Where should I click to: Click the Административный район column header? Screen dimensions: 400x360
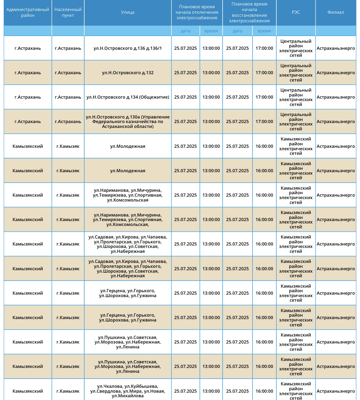click(x=27, y=13)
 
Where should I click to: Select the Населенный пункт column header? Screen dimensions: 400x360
click(x=68, y=13)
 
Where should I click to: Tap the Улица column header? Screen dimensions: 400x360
click(x=128, y=13)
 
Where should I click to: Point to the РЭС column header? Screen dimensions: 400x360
click(x=296, y=13)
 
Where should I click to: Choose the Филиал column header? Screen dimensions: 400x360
click(x=336, y=13)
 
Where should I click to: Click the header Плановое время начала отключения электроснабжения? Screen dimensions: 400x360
click(x=197, y=12)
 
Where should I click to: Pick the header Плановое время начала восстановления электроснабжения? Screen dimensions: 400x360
click(x=249, y=13)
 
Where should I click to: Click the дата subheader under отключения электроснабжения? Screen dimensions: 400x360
click(x=185, y=31)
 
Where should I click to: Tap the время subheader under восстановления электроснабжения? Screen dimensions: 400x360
click(x=264, y=31)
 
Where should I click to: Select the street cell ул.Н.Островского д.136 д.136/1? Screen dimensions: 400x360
click(x=128, y=48)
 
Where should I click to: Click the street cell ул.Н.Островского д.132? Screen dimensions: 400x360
click(x=128, y=73)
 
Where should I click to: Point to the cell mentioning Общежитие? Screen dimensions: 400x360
click(x=128, y=97)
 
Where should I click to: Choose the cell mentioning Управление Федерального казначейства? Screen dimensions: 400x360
click(x=128, y=122)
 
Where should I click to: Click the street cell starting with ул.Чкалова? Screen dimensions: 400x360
click(x=128, y=391)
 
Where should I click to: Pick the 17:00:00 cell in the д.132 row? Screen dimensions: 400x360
click(x=264, y=73)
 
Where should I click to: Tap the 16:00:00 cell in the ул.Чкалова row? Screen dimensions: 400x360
click(x=264, y=391)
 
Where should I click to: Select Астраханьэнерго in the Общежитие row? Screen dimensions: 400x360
click(x=336, y=97)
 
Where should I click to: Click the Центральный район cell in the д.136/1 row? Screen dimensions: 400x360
click(x=296, y=48)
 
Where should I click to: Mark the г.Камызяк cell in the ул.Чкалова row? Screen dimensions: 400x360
click(x=68, y=391)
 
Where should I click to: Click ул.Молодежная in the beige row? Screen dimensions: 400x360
click(x=128, y=171)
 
